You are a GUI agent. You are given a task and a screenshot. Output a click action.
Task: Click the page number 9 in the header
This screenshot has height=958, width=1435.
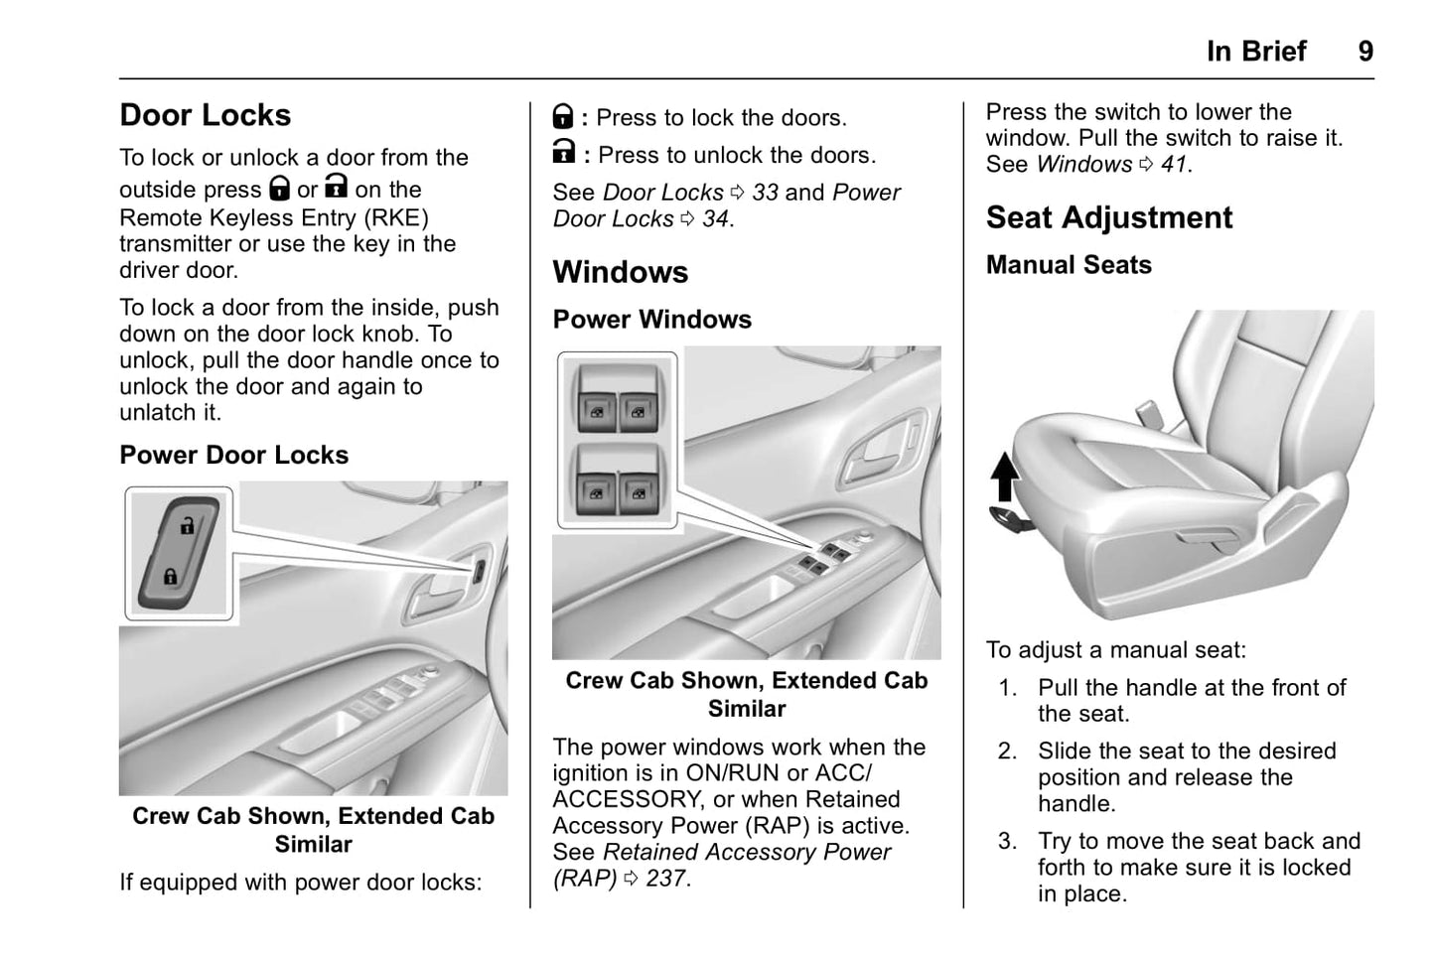(x=1365, y=52)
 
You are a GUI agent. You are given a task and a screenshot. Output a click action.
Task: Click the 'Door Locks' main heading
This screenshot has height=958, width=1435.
(x=205, y=115)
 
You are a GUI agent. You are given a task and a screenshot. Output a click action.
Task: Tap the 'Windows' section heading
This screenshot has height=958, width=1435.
(x=620, y=272)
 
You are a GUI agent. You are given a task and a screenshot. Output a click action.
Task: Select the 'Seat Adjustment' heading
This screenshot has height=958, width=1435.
(x=1108, y=217)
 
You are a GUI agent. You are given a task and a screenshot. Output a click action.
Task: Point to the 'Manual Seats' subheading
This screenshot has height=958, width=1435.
(x=1069, y=265)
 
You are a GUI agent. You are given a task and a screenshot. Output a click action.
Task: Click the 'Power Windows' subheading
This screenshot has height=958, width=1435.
(x=651, y=320)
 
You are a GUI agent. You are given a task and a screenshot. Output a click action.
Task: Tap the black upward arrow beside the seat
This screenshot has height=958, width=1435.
(x=1005, y=476)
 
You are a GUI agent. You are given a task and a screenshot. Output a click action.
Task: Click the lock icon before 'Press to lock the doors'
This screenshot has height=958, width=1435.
(x=563, y=117)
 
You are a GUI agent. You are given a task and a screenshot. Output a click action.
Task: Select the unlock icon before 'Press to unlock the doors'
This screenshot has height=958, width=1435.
(x=563, y=152)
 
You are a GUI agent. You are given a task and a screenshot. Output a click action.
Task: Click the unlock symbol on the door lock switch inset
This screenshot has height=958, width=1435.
(x=188, y=526)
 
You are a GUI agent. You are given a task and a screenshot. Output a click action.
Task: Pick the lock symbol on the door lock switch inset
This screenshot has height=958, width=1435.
(x=171, y=575)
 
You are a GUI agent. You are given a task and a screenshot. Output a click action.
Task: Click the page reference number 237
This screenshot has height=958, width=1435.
(x=665, y=879)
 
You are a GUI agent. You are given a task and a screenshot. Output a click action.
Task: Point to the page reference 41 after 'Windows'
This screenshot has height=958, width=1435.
(x=1173, y=165)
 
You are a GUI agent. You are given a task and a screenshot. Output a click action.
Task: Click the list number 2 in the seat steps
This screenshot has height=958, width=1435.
(x=1007, y=752)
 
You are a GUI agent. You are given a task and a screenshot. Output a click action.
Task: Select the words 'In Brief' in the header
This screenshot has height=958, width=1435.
(x=1256, y=52)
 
